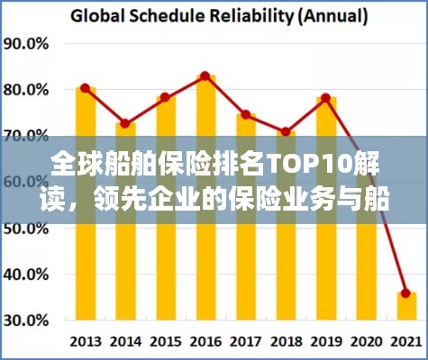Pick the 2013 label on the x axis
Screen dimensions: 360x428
(86, 342)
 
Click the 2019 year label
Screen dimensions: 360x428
(325, 342)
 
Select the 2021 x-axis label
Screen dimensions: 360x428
(405, 342)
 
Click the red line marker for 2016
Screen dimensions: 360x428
(205, 76)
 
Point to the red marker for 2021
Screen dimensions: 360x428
(405, 293)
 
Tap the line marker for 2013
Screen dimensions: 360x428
(85, 88)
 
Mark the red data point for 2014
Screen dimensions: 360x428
(125, 124)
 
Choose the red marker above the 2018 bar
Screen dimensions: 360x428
(286, 131)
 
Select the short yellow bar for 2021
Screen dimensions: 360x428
(405, 308)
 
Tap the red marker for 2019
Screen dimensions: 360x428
(325, 97)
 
